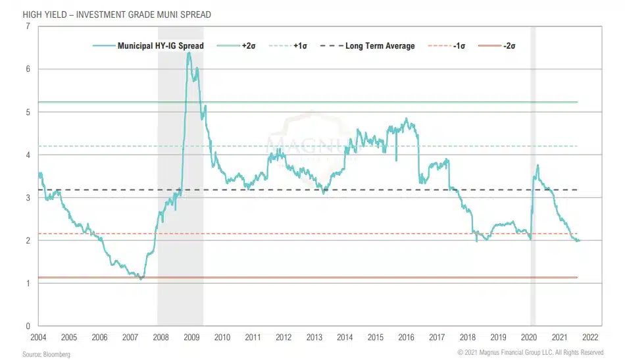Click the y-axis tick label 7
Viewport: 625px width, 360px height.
point(27,26)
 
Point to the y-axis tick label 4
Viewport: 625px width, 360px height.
point(27,155)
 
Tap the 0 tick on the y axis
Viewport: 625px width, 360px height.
point(27,326)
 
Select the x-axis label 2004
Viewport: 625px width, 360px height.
point(39,337)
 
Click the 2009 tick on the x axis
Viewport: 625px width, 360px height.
point(191,337)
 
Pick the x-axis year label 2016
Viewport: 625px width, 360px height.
point(406,337)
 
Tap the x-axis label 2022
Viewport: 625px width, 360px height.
point(589,337)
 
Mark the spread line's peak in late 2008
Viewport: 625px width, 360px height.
point(189,53)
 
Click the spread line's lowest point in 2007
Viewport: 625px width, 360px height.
point(141,279)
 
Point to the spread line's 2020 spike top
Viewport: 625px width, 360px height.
point(537,165)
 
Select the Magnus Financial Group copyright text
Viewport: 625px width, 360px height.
point(530,353)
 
